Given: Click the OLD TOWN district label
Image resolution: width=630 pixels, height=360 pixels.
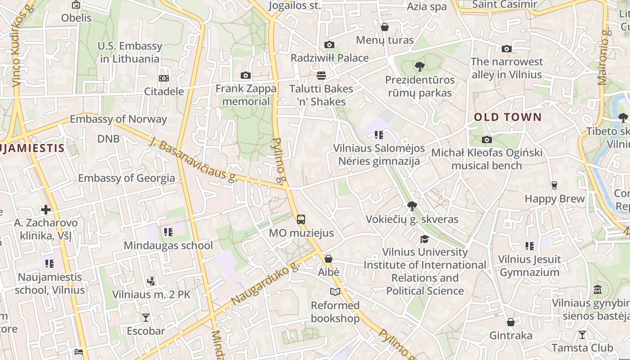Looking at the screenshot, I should click(508, 117).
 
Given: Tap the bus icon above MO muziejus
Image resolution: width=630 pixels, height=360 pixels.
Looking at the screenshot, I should click(301, 220).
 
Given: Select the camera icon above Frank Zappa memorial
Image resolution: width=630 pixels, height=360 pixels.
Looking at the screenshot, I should click(246, 75).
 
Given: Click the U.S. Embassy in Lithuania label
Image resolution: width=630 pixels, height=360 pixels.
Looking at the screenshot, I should click(130, 52).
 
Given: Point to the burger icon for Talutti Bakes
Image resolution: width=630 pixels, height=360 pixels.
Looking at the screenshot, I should click(321, 75).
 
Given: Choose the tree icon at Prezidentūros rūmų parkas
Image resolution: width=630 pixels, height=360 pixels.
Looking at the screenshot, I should click(419, 67).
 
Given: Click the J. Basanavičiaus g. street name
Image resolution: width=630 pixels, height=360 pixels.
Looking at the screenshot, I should click(193, 160).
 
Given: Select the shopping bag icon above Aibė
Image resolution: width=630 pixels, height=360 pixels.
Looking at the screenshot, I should click(328, 259).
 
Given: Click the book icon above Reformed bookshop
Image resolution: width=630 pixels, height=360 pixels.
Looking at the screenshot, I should click(335, 292).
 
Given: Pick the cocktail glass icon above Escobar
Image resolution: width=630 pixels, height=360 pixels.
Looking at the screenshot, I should click(146, 318).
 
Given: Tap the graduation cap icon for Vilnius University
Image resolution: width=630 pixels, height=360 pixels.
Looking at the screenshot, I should click(424, 239).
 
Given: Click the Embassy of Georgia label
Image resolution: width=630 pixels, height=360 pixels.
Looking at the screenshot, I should click(126, 178).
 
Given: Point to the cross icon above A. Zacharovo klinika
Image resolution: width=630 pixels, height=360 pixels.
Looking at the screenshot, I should click(45, 210).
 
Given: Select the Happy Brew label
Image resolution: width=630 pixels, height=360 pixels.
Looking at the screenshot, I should click(554, 198).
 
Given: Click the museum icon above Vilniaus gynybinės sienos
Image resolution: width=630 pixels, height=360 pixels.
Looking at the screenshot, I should click(598, 289).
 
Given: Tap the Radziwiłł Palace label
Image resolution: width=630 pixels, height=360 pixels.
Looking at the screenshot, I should click(329, 58).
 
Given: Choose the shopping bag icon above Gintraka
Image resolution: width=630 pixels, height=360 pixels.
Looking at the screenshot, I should click(510, 322).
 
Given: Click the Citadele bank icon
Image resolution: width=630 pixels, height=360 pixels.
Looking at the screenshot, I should click(164, 78).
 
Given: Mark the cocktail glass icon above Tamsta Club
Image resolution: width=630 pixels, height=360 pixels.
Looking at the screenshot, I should click(582, 334).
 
